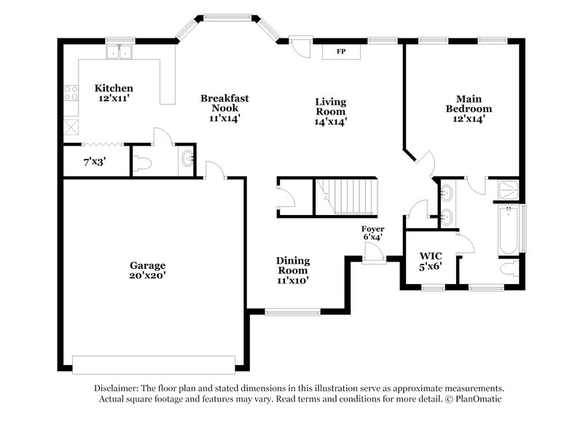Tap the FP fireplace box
(340, 52)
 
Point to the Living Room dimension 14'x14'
(330, 122)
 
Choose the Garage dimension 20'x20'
(148, 276)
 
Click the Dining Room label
(292, 260)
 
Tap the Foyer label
(372, 229)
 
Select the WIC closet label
(431, 256)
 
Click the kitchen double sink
(118, 52)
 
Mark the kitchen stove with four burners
(71, 93)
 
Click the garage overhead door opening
(154, 364)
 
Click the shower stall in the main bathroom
(507, 189)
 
